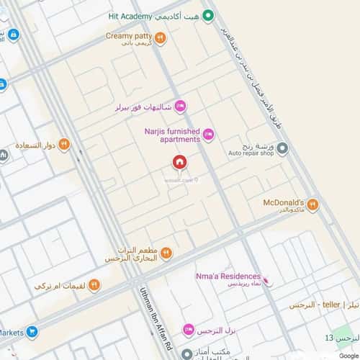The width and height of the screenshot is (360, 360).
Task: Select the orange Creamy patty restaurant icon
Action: (x=160, y=39)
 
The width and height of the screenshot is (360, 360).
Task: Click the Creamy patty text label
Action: (x=127, y=35)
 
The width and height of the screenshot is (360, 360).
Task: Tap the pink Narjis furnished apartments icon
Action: (x=209, y=133)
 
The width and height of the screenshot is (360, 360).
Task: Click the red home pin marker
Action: (x=179, y=163)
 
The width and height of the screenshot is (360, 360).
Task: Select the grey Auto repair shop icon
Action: (x=283, y=148)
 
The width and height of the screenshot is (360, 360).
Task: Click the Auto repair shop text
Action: (x=252, y=153)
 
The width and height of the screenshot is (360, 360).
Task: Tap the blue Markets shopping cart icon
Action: (x=32, y=332)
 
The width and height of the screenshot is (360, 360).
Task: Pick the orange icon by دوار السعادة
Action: (x=65, y=144)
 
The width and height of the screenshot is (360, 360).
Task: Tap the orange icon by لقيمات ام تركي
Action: (x=94, y=285)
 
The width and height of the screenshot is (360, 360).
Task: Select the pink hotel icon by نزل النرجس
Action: (x=188, y=330)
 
